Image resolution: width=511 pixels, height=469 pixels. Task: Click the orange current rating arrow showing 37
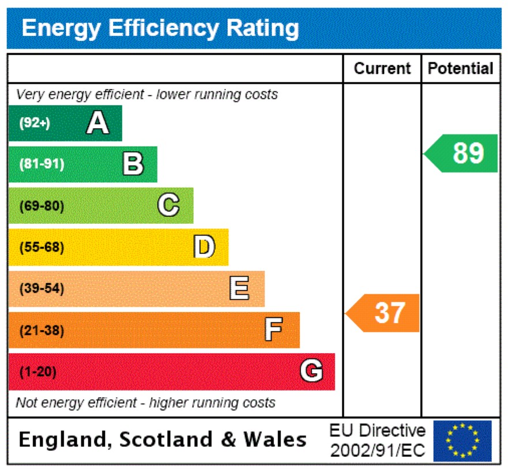pos(384,313)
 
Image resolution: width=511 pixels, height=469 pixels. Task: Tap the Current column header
pos(382,69)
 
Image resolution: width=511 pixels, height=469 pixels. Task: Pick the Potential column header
pos(460,69)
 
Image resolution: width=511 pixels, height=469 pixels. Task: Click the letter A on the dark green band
pos(97,123)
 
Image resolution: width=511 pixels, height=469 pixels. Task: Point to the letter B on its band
pos(133,164)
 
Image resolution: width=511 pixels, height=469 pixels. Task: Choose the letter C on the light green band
pos(168,205)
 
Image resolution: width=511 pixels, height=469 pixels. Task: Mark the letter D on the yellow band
pos(204,247)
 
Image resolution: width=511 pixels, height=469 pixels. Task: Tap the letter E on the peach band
pos(239,288)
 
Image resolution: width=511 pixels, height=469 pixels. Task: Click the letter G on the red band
pos(311,372)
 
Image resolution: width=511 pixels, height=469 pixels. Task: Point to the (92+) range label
pos(35,123)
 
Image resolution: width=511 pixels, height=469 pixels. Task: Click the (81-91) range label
pos(42,164)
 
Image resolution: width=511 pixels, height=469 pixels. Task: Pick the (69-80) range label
pos(42,206)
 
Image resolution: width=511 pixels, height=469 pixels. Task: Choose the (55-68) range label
pos(42,247)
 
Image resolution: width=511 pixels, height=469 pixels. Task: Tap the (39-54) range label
pos(42,289)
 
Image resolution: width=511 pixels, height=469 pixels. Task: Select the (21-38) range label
pos(42,331)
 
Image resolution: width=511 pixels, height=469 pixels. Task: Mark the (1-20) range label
pos(38,373)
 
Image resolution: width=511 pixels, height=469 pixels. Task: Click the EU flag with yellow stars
pos(462,441)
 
